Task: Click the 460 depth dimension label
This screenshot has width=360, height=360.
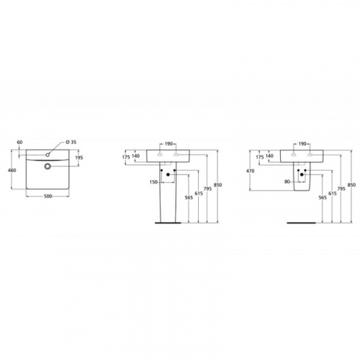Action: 12,170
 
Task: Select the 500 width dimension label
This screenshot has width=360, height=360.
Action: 48,197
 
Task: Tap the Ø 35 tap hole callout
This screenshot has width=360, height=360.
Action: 71,142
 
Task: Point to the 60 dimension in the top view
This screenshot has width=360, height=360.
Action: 19,142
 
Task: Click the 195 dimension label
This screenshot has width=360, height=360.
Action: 79,158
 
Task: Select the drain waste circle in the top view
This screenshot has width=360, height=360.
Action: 48,166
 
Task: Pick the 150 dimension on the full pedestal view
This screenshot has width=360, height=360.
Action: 153,182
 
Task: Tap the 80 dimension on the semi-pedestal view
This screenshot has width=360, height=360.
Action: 287,181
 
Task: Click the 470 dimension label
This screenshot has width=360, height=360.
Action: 251,171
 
